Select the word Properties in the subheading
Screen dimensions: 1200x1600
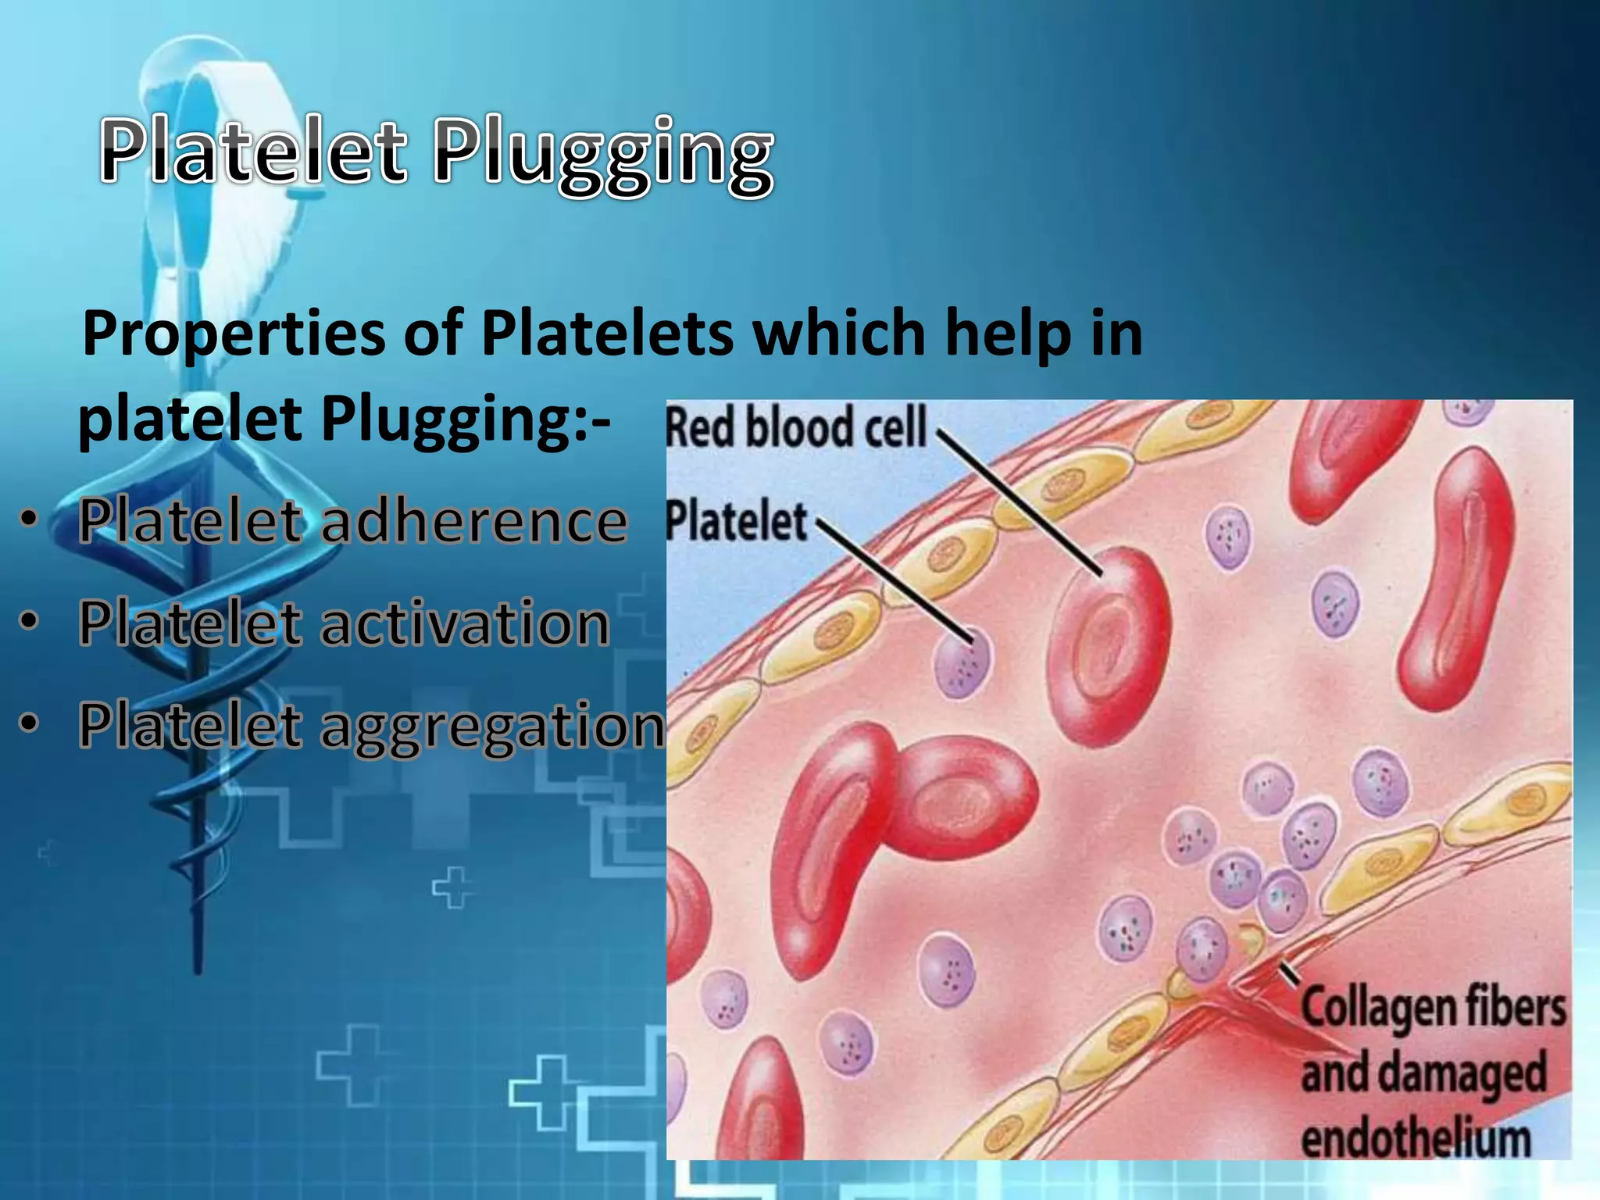234,334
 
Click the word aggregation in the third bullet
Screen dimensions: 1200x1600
492,727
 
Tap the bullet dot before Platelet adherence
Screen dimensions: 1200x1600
29,519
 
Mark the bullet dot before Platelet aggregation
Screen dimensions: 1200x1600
29,723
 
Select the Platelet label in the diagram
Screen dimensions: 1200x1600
736,522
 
